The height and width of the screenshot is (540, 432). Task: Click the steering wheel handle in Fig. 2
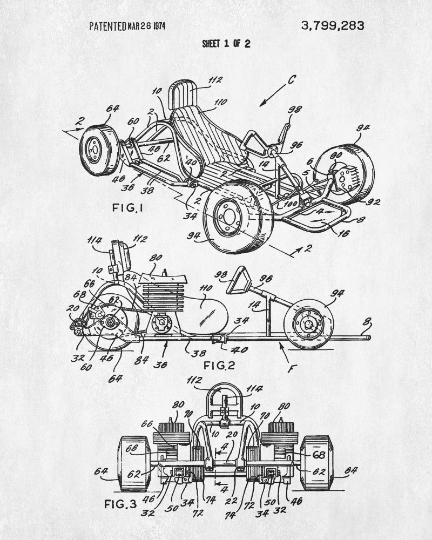pyautogui.click(x=237, y=281)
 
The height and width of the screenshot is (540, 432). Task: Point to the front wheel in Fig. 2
pyautogui.click(x=309, y=322)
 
